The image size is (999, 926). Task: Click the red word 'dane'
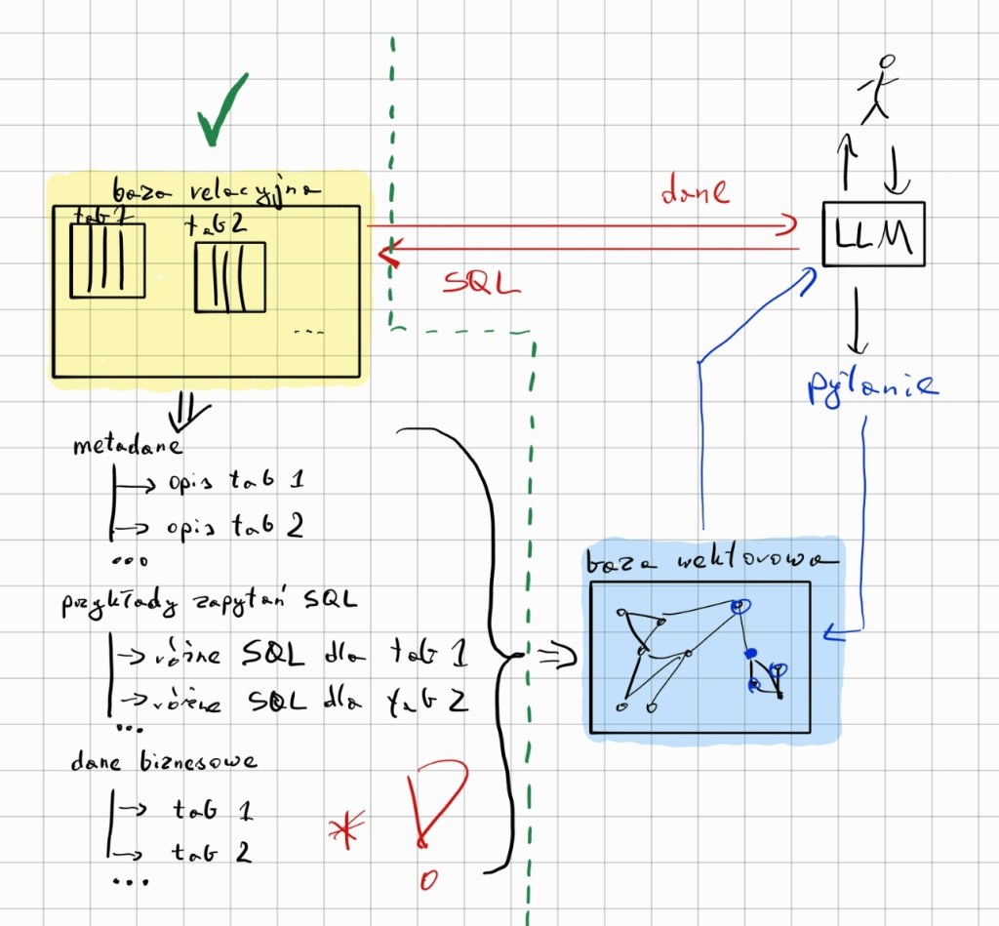695,192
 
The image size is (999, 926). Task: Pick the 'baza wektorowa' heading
708,562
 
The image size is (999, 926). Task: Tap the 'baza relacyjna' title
217,191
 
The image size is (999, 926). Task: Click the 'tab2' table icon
230,277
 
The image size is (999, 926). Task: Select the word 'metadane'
128,447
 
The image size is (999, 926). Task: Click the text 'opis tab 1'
234,481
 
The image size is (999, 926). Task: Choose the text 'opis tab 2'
234,526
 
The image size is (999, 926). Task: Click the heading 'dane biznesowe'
164,761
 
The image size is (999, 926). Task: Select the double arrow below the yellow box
186,415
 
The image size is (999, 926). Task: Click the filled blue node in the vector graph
750,652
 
